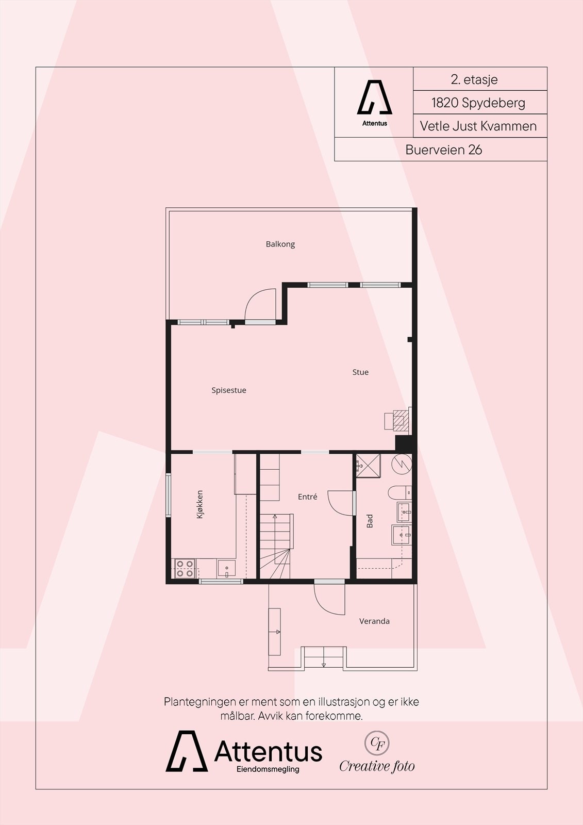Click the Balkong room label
(280, 244)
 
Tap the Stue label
(360, 372)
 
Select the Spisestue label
(229, 390)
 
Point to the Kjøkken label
(200, 504)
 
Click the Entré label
(307, 497)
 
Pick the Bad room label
(370, 521)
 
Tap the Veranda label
(374, 621)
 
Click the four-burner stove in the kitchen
(185, 568)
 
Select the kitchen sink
(226, 568)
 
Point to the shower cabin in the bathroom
(368, 465)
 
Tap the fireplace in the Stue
(400, 420)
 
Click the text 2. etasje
(474, 79)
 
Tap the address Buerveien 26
(443, 150)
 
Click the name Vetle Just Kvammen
(478, 126)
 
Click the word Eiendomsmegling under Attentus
(268, 769)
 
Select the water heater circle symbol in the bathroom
(402, 464)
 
